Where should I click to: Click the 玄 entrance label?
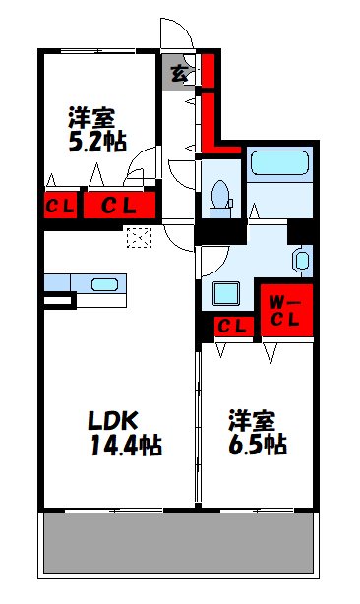click(178, 72)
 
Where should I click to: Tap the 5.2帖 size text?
click(95, 141)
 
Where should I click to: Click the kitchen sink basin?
click(104, 285)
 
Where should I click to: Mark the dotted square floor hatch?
click(138, 236)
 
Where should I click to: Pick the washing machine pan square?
click(226, 293)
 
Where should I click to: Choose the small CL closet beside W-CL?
click(232, 327)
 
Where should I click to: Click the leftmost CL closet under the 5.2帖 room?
click(57, 206)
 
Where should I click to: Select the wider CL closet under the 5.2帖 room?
click(119, 206)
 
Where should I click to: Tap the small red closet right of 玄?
click(208, 71)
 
